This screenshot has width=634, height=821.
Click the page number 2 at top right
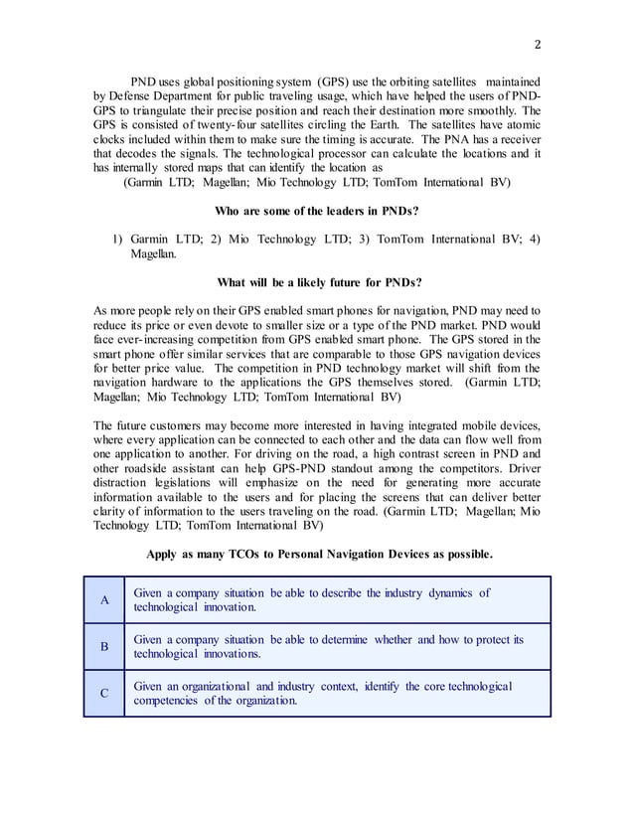click(537, 43)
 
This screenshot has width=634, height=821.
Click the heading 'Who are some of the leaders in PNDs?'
click(316, 211)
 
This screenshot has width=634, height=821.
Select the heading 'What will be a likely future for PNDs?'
click(316, 281)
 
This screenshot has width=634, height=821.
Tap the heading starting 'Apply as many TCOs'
click(318, 553)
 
